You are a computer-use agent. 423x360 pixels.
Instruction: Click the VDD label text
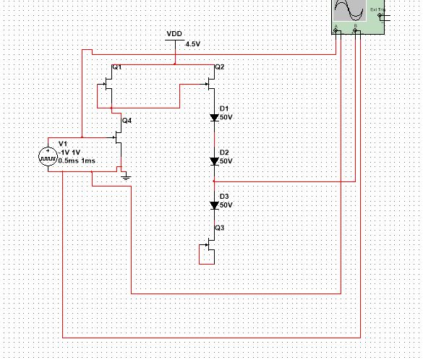(174, 34)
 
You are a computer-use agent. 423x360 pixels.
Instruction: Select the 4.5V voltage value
(192, 44)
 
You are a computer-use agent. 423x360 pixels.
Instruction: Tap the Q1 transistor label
(117, 67)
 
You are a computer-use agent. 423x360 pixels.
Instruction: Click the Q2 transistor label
(220, 67)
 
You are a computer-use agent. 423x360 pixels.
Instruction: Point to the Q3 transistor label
(220, 227)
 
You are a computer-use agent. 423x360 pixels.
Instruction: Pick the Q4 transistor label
(127, 120)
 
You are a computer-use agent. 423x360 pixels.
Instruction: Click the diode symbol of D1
(214, 117)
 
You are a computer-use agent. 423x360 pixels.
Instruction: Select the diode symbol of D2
(214, 161)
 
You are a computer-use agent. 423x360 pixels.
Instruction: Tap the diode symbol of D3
(214, 205)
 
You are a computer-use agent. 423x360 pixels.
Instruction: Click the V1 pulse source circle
(48, 157)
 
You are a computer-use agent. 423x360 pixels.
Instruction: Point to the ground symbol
(126, 175)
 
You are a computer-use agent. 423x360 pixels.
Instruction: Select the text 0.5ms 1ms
(77, 160)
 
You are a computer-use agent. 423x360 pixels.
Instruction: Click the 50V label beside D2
(226, 161)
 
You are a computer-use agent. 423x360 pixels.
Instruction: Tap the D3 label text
(224, 197)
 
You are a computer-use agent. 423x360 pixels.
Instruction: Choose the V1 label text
(62, 144)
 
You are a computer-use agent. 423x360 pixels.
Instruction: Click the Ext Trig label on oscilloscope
(377, 10)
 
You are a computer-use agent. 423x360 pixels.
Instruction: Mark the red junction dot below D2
(214, 181)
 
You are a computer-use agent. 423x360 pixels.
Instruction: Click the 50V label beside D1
(226, 117)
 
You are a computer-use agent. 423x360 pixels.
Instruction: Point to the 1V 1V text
(70, 153)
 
